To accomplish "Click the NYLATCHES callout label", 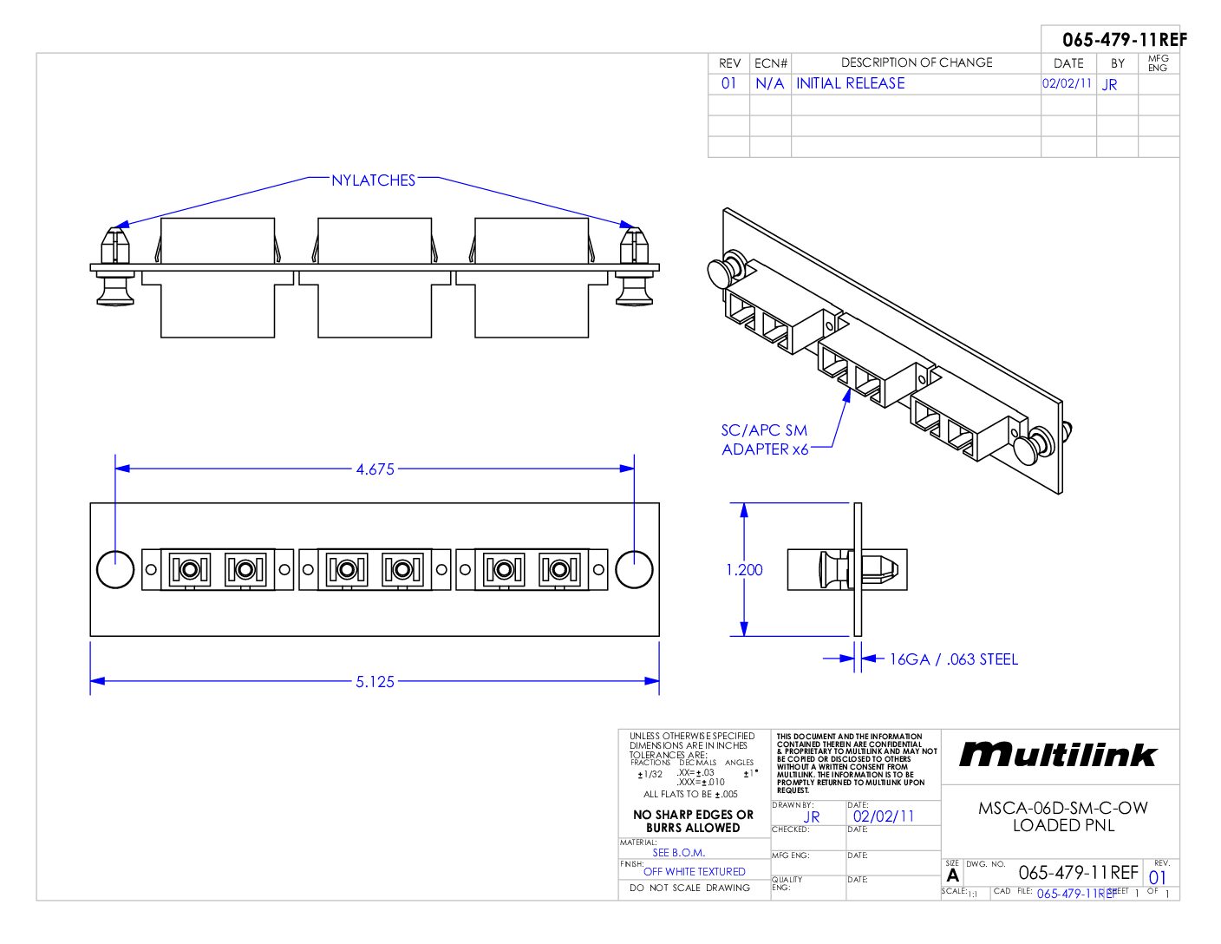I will click(373, 180).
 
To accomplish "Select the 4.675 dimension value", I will click(375, 469).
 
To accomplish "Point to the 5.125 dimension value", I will click(375, 682).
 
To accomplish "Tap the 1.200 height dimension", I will click(744, 570).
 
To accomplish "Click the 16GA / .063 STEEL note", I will click(953, 659).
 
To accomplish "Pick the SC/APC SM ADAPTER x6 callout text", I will click(764, 440).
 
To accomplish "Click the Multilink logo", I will click(1058, 755).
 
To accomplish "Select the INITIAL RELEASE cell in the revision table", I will click(850, 83).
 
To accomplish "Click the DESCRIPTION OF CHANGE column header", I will click(916, 62).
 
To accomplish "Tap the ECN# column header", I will click(770, 63).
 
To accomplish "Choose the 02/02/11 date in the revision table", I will click(1067, 83).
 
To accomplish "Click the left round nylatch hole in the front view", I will click(114, 569).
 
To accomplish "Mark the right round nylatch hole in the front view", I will click(634, 569).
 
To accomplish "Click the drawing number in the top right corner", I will click(1124, 40).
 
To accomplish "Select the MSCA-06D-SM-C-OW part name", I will click(1062, 808).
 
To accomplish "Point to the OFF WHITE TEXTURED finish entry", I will click(694, 871).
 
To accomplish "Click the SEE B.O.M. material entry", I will click(678, 852).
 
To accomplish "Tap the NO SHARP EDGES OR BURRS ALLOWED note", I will click(693, 821).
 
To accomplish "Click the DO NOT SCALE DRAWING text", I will click(689, 888).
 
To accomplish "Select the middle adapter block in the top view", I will click(375, 278).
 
